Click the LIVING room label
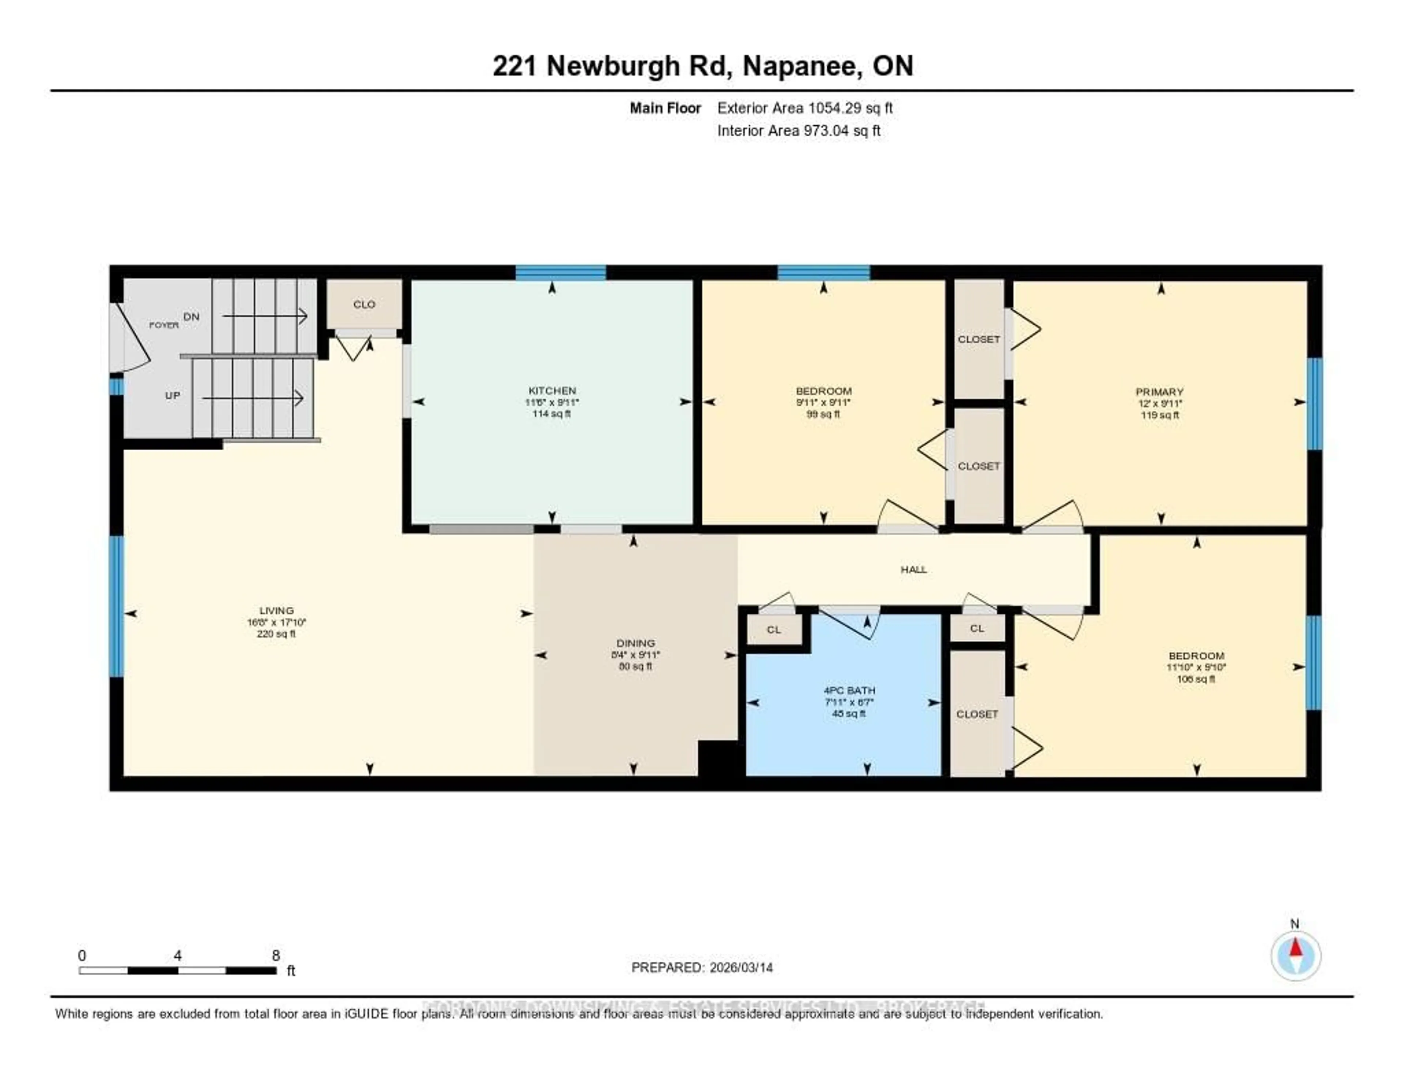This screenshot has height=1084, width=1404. tap(276, 610)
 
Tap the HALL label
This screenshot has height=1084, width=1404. tap(913, 569)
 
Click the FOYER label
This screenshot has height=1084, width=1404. tap(164, 325)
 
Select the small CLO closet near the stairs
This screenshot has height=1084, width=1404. tap(364, 304)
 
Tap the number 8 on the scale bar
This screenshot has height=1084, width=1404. tap(276, 955)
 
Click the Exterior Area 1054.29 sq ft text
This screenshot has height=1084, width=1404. tap(805, 108)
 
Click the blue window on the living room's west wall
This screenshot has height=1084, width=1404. tap(116, 606)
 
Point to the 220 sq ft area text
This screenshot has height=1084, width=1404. tap(276, 634)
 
